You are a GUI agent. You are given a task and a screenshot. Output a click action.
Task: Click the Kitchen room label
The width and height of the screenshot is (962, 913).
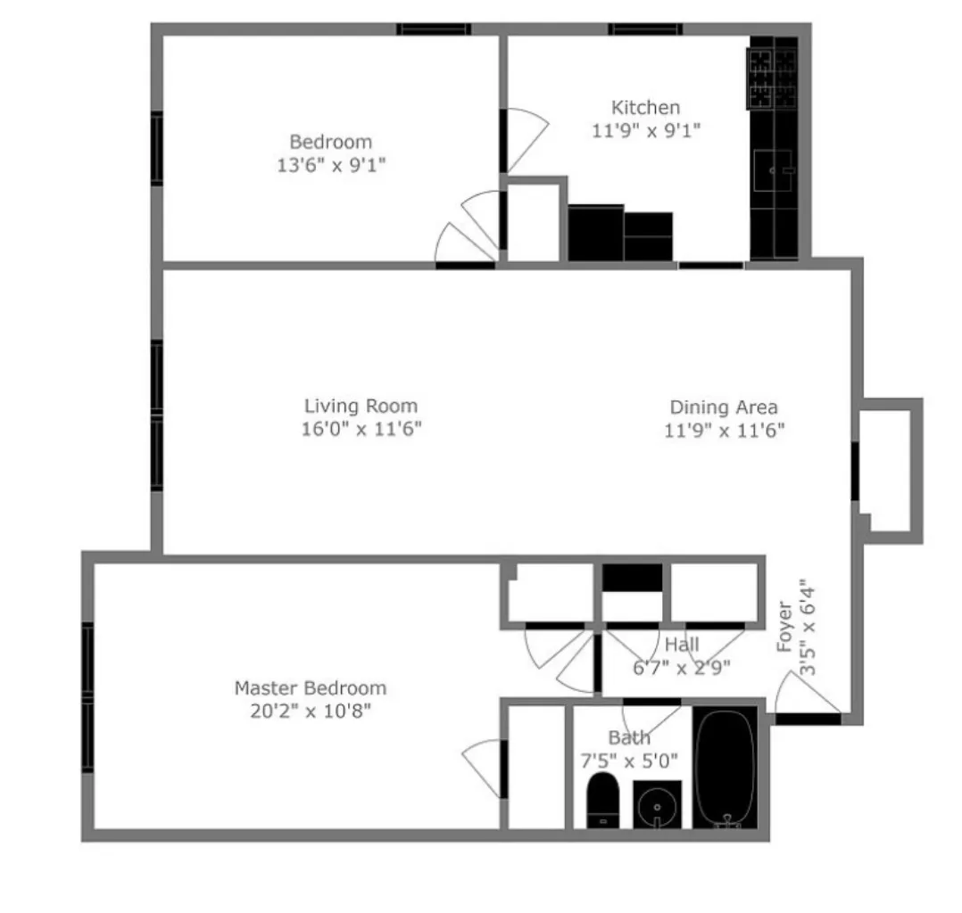click(x=644, y=108)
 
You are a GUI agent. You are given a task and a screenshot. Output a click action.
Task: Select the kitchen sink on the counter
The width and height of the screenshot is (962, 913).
click(x=773, y=170)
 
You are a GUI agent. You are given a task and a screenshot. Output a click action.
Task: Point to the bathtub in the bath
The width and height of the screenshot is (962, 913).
click(x=725, y=768)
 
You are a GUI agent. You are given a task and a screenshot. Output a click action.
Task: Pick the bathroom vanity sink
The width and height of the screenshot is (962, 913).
click(x=657, y=804)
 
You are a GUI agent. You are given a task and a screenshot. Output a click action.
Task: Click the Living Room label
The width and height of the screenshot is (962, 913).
click(x=361, y=407)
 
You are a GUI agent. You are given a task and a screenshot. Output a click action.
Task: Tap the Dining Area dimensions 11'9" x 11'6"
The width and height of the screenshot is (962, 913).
click(x=724, y=430)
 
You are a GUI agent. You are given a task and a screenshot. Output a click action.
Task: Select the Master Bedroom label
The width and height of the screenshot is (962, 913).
click(x=310, y=688)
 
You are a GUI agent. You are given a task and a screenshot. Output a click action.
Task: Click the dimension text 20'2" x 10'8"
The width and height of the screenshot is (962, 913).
click(x=310, y=711)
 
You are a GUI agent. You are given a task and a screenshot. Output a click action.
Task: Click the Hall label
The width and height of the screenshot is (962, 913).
click(x=683, y=645)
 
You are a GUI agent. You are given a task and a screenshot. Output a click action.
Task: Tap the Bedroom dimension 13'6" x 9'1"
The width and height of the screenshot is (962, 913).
click(x=331, y=165)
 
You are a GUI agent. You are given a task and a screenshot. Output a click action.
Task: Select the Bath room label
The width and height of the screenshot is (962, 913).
click(x=629, y=738)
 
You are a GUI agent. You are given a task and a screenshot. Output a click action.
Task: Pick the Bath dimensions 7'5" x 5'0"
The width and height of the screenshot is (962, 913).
click(x=630, y=761)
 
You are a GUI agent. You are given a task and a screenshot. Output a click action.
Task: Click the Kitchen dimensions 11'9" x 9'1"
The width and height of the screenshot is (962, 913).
click(x=645, y=130)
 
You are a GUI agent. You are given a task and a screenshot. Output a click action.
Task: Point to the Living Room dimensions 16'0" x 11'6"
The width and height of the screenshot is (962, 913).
click(x=361, y=429)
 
